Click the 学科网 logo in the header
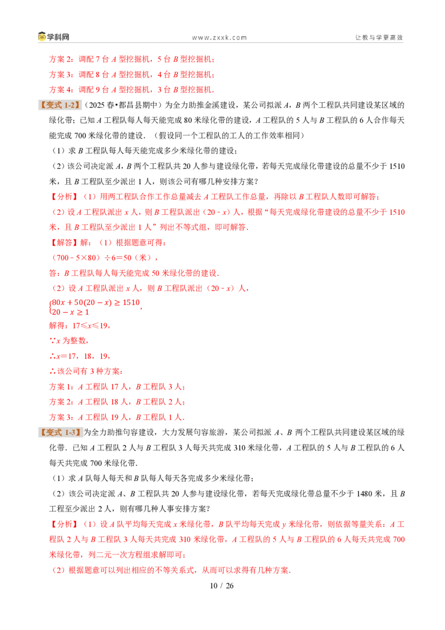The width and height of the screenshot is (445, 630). click(x=53, y=37)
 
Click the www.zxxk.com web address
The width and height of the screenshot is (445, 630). click(x=219, y=38)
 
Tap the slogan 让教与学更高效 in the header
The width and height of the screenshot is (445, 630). click(x=379, y=37)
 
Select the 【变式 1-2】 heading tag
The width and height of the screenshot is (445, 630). click(x=60, y=105)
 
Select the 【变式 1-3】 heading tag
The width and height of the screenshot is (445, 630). click(x=60, y=433)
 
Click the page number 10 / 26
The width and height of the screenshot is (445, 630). click(x=222, y=586)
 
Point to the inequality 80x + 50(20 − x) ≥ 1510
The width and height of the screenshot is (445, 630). click(x=96, y=303)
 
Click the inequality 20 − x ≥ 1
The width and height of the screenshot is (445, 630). click(x=70, y=312)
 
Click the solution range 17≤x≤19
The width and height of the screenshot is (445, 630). click(x=90, y=326)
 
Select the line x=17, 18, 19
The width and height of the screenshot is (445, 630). click(x=80, y=356)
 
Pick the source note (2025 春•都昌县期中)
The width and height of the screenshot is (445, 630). click(x=123, y=105)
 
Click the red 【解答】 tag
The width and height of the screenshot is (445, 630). click(x=63, y=243)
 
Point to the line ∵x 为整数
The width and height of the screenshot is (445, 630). click(x=68, y=341)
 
